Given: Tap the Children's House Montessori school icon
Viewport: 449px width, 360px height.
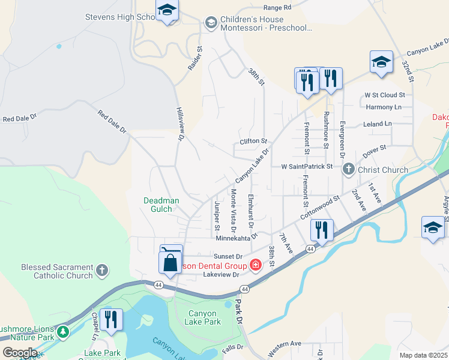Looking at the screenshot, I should click(x=210, y=23).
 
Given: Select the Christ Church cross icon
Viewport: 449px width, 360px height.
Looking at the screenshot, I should click(x=348, y=170).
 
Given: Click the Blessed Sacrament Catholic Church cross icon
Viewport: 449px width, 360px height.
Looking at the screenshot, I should click(x=102, y=271).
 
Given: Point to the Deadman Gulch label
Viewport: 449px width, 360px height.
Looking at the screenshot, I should click(x=157, y=205).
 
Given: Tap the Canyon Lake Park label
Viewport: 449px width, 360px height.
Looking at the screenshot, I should click(x=205, y=317).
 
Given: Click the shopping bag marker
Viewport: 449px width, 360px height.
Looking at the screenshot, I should click(x=170, y=262).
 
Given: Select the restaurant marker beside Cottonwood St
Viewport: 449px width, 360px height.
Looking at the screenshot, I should click(x=321, y=230).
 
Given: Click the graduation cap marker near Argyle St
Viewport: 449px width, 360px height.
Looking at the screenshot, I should click(x=433, y=227).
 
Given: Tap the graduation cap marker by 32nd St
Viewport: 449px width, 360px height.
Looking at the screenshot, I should click(x=381, y=62).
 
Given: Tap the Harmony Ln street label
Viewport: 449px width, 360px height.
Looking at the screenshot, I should click(x=383, y=107).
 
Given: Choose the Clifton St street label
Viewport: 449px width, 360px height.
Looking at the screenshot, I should click(x=253, y=141).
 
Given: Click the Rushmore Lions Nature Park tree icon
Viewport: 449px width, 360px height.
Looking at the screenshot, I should click(x=63, y=331).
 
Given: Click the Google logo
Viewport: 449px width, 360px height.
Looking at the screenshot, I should click(x=20, y=352).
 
